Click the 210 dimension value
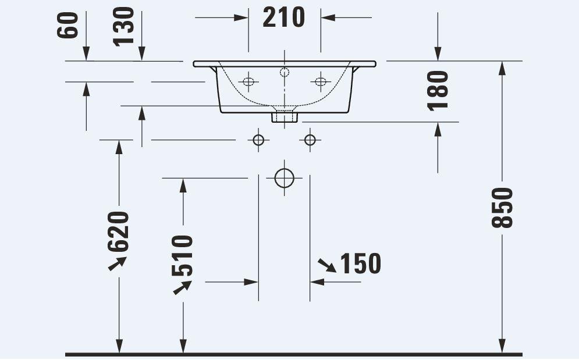tap(283, 17)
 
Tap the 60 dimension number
tap(68, 25)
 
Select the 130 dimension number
tap(123, 27)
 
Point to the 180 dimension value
tap(438, 91)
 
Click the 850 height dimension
tap(502, 208)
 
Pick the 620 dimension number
tap(119, 231)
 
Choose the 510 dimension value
tap(182, 255)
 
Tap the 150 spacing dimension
tap(360, 263)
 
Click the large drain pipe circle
tap(284, 178)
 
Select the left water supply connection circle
tap(258, 140)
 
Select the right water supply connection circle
tap(310, 140)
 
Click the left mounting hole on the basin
tap(248, 81)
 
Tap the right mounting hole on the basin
tap(321, 81)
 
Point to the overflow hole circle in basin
tap(285, 72)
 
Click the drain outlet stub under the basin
tap(285, 117)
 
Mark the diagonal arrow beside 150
tap(327, 265)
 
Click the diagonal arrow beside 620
tap(118, 263)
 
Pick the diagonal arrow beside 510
tap(182, 288)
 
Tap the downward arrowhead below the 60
tap(86, 54)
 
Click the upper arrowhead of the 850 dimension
tap(502, 68)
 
